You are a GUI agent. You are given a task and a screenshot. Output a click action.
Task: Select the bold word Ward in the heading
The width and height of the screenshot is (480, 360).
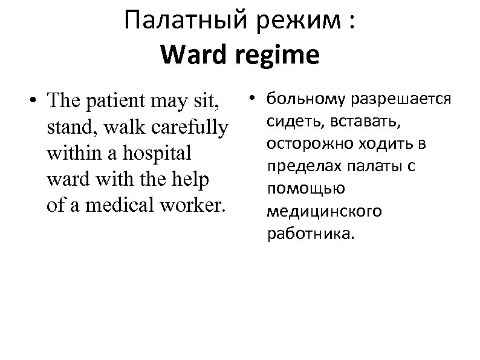click(x=189, y=55)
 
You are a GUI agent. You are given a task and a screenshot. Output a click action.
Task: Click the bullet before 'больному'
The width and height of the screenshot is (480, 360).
click(x=254, y=97)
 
